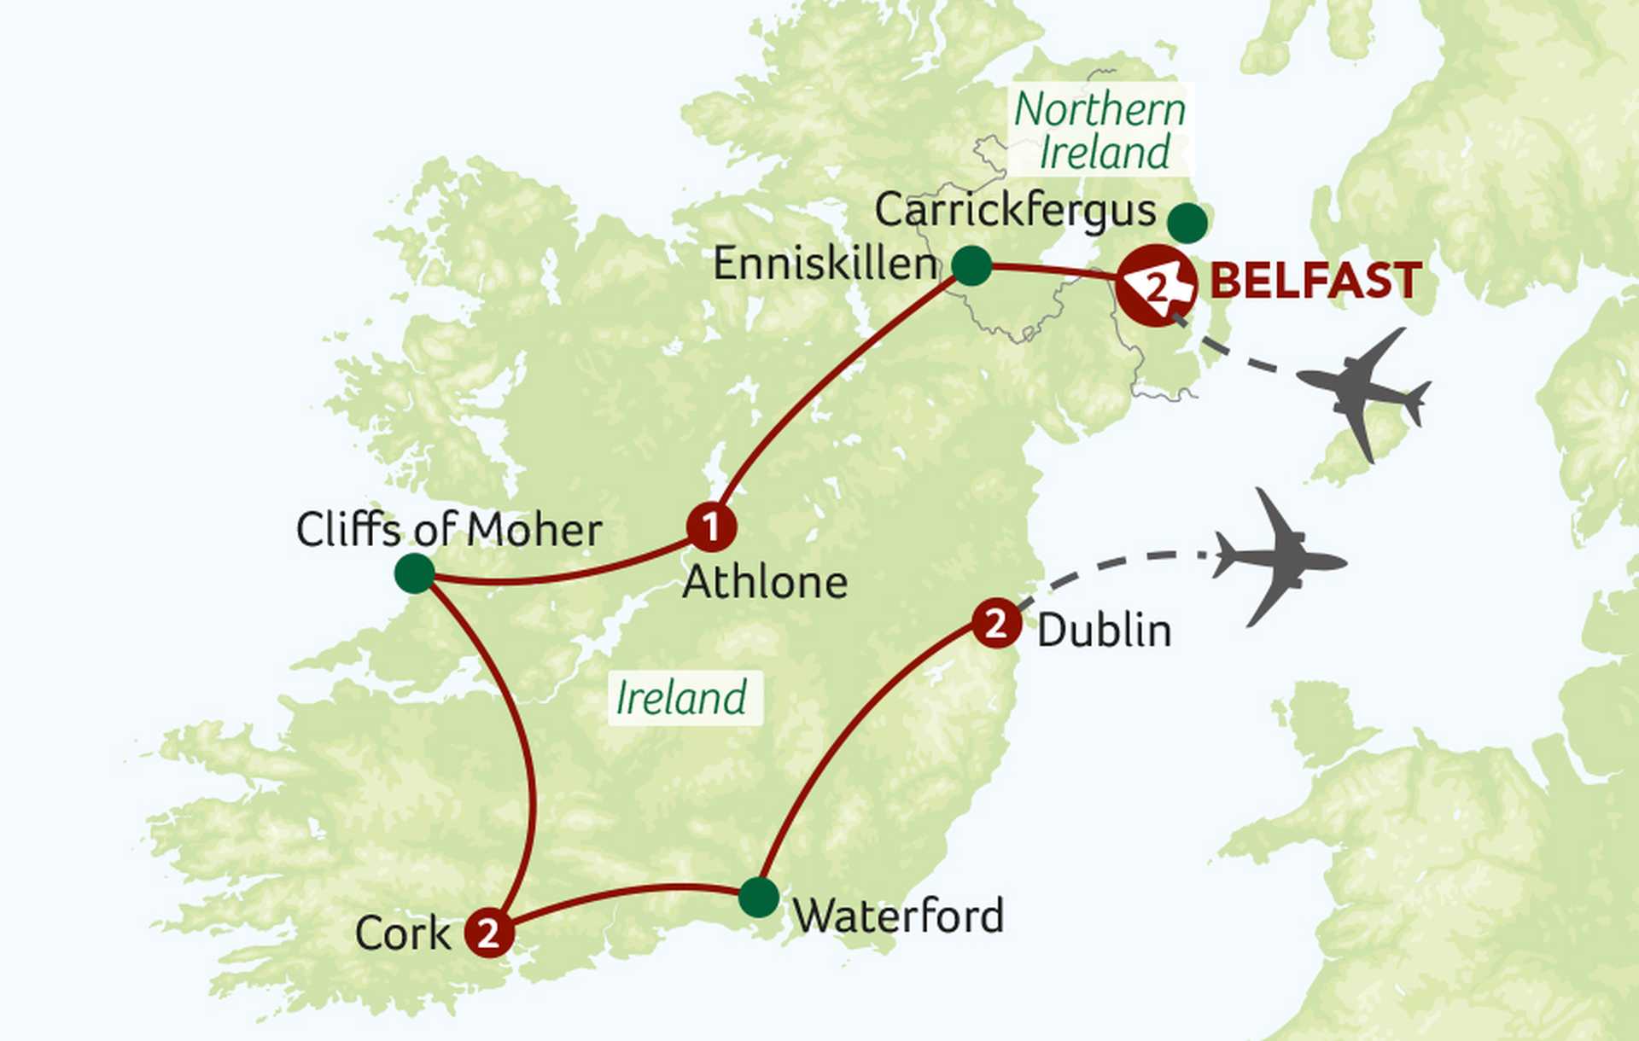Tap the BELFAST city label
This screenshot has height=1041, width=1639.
pos(1315,281)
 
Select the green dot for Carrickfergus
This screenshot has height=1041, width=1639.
pos(1187,223)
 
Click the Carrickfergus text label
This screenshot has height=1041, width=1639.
pos(1015,210)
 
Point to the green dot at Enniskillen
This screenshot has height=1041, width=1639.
pos(971,265)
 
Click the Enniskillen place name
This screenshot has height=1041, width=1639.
pos(825,264)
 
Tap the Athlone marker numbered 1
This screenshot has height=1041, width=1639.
pos(711,526)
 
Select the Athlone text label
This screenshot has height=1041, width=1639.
pos(765,583)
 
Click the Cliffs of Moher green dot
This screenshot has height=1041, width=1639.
pos(415,573)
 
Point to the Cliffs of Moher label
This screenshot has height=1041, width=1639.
pos(449,530)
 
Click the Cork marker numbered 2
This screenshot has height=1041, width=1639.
pos(489,932)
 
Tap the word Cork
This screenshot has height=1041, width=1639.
pos(402,933)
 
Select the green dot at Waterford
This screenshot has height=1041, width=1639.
pos(758,897)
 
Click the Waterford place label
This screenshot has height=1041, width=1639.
pos(898,916)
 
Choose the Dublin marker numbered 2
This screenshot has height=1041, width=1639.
pos(996,623)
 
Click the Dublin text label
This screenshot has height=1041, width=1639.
pos(1104,631)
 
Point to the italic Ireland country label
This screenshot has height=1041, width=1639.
pos(681,698)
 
